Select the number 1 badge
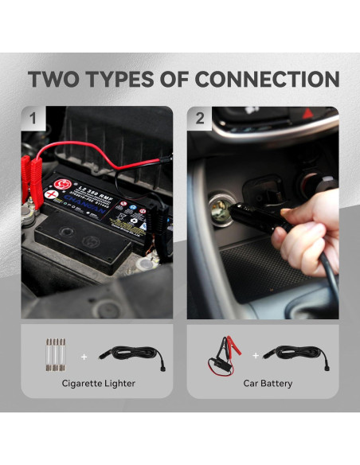click(x=33, y=119)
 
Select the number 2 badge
click(x=200, y=119)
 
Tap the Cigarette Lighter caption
click(x=98, y=383)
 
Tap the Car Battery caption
click(x=267, y=383)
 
